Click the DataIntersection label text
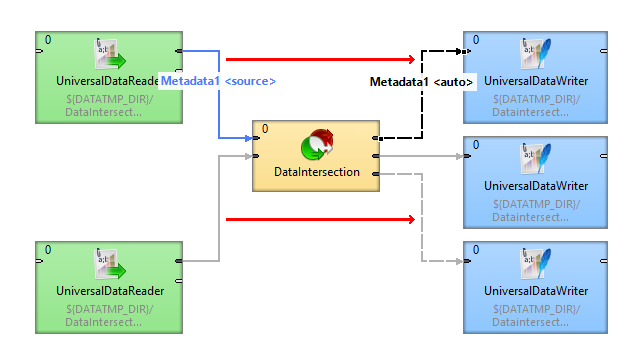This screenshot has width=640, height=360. pyautogui.click(x=317, y=173)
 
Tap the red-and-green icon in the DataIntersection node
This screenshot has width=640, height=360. pyautogui.click(x=317, y=146)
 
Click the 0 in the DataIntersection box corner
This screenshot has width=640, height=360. pyautogui.click(x=265, y=129)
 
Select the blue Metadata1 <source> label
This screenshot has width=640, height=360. pyautogui.click(x=218, y=81)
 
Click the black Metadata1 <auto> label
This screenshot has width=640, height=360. pyautogui.click(x=421, y=81)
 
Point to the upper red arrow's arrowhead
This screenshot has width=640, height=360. pyautogui.click(x=409, y=60)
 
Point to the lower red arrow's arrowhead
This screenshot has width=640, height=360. pyautogui.click(x=409, y=218)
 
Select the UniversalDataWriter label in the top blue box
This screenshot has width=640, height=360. pyautogui.click(x=536, y=81)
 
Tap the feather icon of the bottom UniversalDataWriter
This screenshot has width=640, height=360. pyautogui.click(x=536, y=264)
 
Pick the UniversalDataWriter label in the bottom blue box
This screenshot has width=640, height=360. pyautogui.click(x=536, y=291)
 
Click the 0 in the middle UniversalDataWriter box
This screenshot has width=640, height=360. pyautogui.click(x=476, y=145)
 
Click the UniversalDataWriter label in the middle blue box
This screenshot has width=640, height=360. pyautogui.click(x=536, y=186)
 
